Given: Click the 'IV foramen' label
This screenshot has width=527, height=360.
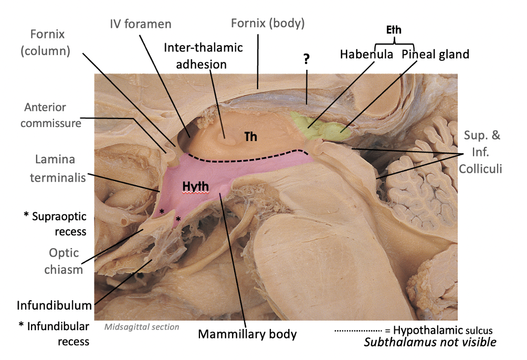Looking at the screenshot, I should [140, 25].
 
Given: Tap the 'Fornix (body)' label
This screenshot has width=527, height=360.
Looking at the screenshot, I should [268, 23].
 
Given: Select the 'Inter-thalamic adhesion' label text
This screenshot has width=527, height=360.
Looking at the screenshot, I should [203, 56].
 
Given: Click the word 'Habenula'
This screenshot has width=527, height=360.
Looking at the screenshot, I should [366, 54].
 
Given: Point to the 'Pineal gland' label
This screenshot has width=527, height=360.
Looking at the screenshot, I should [435, 54].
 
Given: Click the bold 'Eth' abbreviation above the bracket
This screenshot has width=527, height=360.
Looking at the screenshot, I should [394, 30].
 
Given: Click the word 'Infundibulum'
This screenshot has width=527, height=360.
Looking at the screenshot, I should [54, 305].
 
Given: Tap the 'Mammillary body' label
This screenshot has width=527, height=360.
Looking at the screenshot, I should [248, 334].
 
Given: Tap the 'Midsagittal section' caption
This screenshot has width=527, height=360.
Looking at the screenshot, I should [142, 327].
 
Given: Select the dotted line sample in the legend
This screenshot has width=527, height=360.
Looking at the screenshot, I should [357, 331].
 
